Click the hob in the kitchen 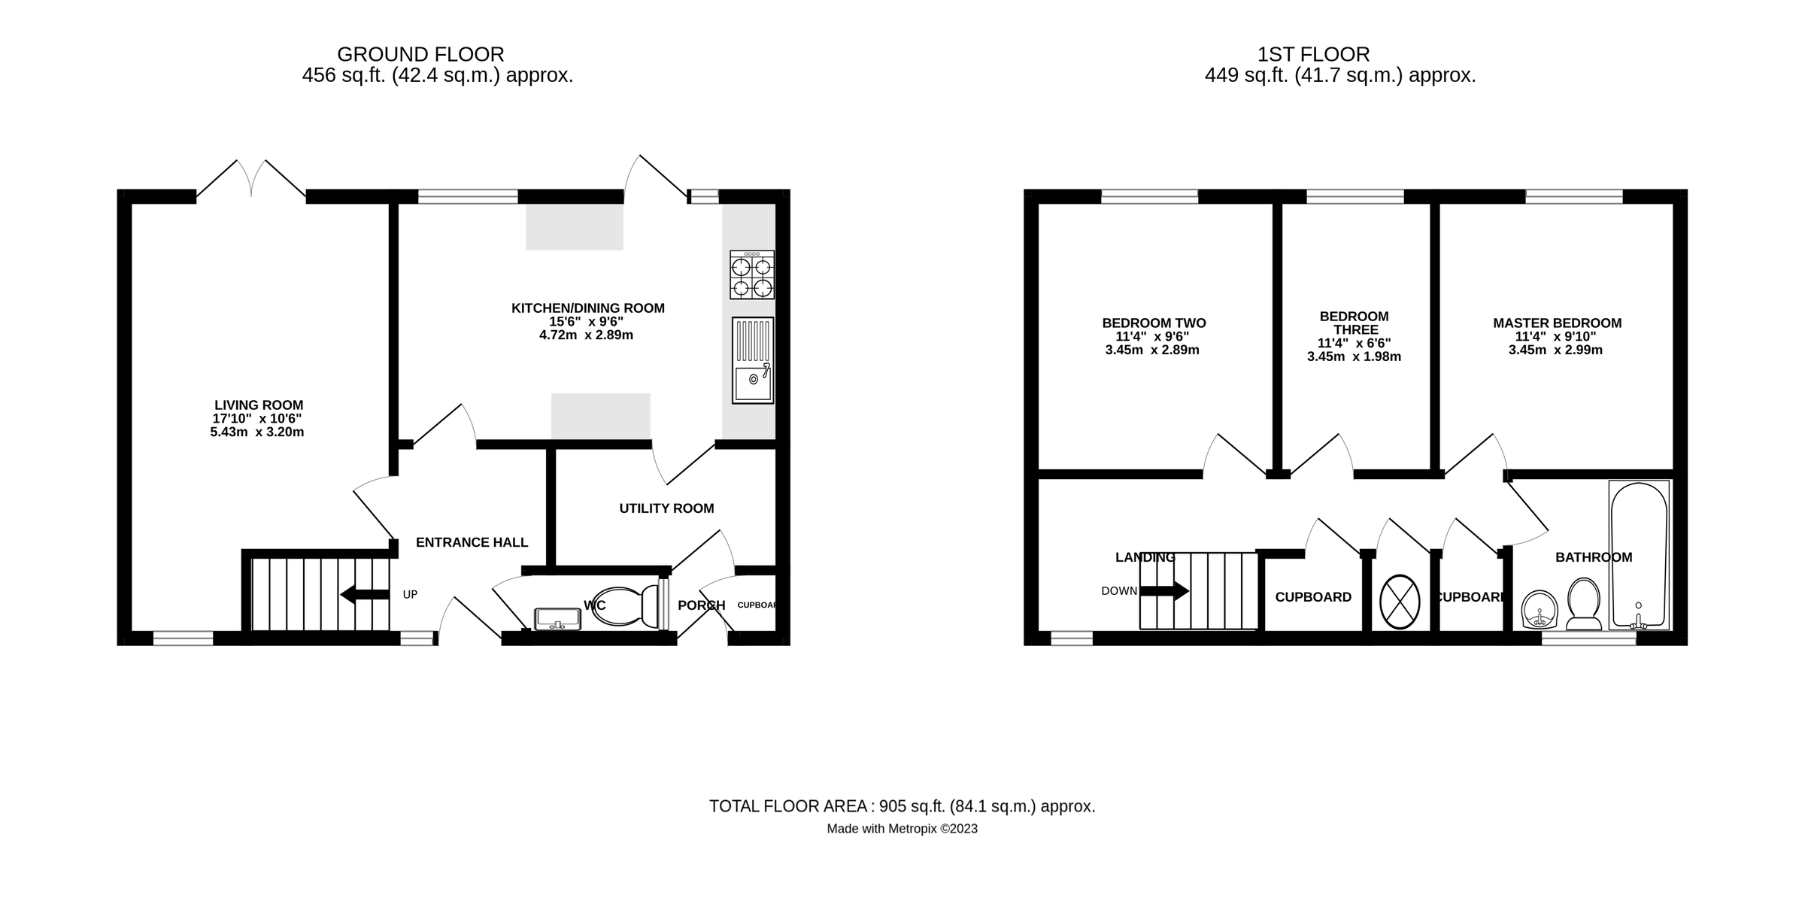click(x=751, y=275)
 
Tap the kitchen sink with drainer click(x=752, y=360)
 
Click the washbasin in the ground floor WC click(x=557, y=618)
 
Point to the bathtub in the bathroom click(x=1639, y=554)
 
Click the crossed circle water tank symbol click(x=1400, y=602)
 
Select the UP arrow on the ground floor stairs click(x=365, y=594)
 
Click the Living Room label click(x=259, y=405)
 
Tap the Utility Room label click(x=666, y=508)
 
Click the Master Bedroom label click(x=1557, y=323)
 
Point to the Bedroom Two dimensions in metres click(x=1152, y=350)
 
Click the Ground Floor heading click(x=420, y=54)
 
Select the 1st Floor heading click(x=1313, y=54)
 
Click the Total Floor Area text click(x=902, y=806)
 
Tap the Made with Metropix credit click(x=902, y=829)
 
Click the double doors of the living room click(x=251, y=180)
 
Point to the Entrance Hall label click(x=472, y=542)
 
